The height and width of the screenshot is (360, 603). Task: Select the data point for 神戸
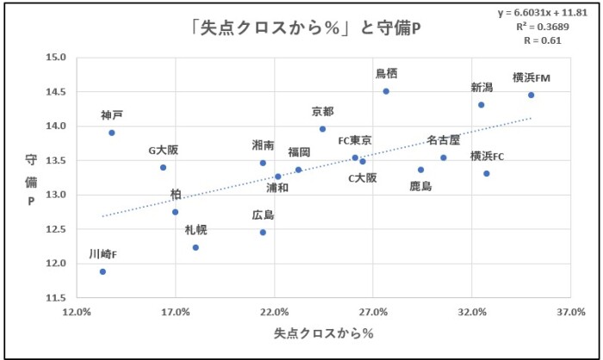click(112, 133)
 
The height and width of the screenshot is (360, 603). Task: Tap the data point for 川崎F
click(103, 271)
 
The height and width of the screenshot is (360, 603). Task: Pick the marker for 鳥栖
click(386, 91)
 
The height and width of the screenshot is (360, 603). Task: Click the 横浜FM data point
click(531, 95)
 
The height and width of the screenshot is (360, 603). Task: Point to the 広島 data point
click(263, 233)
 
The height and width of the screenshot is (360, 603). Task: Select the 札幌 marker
click(196, 247)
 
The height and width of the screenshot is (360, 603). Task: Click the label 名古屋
click(444, 140)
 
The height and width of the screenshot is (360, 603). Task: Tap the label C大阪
click(363, 178)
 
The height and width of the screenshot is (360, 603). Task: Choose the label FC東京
click(355, 140)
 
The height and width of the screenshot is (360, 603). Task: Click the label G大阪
click(163, 150)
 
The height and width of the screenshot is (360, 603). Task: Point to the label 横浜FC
click(488, 156)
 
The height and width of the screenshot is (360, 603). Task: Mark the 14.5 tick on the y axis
click(57, 92)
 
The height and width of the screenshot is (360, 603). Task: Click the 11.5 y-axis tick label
click(57, 298)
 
